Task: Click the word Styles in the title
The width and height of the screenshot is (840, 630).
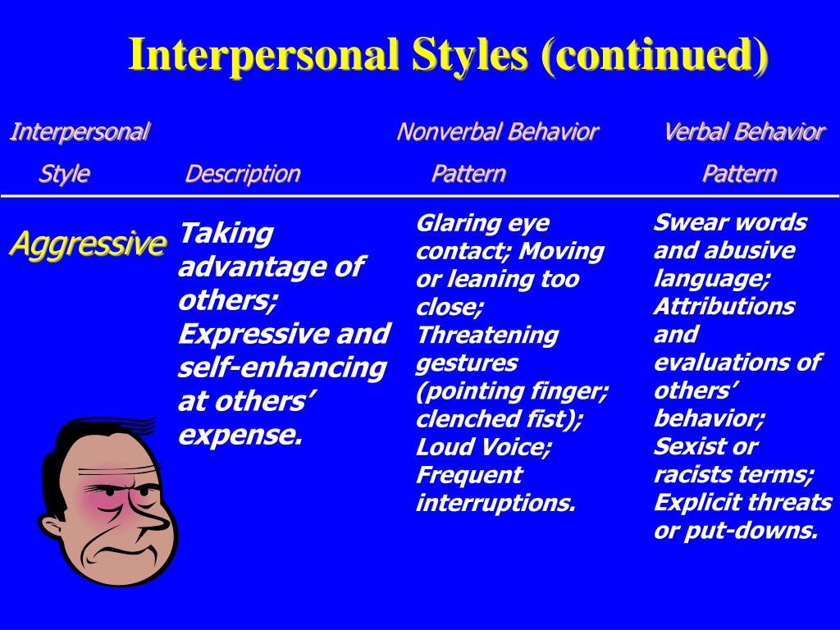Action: coord(470,54)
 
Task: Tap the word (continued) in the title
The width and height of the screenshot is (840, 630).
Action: coord(655,55)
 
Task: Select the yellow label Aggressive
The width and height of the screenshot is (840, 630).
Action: coord(88,244)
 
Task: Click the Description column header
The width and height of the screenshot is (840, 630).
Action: coord(243,174)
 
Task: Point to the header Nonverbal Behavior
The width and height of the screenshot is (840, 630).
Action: coord(498,132)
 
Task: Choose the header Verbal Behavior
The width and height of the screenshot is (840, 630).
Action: coord(744,132)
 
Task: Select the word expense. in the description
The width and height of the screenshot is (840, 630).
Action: coord(240,436)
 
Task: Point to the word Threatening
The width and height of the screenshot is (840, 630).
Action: coord(487,335)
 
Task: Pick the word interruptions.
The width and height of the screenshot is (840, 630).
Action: coord(495,503)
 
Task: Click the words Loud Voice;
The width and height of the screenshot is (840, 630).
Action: coord(483,447)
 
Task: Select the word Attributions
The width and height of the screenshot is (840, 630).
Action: coord(724,307)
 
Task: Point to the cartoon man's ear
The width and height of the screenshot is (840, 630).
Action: coord(53,527)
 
